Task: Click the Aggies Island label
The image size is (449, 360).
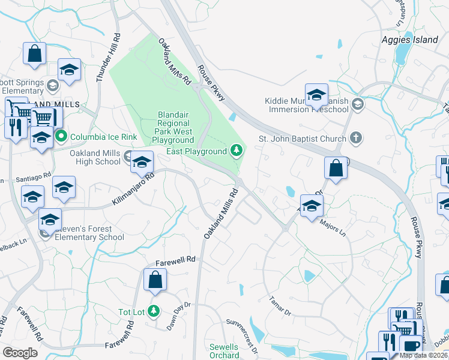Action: click(x=410, y=40)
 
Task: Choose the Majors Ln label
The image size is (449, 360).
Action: click(x=334, y=227)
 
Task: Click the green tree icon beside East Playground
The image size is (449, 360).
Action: click(x=237, y=149)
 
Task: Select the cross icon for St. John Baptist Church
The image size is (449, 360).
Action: click(x=356, y=139)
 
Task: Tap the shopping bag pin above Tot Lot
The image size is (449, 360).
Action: click(x=155, y=280)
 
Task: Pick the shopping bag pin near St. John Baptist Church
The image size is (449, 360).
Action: click(x=336, y=169)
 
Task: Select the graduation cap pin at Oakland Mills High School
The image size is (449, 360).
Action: click(x=142, y=162)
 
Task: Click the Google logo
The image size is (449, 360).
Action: click(x=20, y=353)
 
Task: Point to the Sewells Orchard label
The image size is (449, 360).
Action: click(x=224, y=351)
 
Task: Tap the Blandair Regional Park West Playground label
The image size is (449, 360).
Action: click(x=174, y=127)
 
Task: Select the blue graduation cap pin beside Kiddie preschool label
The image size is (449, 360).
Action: click(x=316, y=95)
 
